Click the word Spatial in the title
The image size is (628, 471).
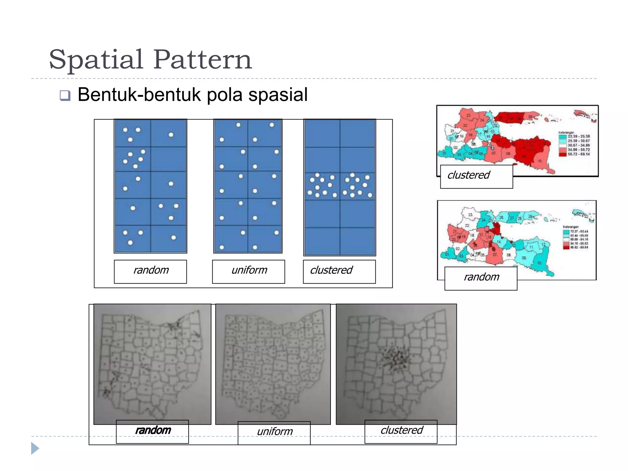tap(96, 59)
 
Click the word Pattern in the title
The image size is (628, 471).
tap(202, 59)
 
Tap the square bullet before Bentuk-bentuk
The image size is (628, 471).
tap(65, 96)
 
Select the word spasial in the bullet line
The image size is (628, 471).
tap(278, 95)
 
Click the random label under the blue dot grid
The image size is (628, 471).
tap(151, 270)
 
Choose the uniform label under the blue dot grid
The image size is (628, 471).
tap(249, 270)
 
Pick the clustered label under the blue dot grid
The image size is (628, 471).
tap(331, 270)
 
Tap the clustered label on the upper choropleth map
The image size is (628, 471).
tap(469, 175)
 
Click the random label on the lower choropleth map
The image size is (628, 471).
tap(481, 277)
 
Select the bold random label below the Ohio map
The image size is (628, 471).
tap(153, 431)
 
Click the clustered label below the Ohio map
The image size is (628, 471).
tap(402, 431)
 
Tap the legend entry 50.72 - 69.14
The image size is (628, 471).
tap(578, 154)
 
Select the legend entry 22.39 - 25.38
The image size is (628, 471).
tap(578, 136)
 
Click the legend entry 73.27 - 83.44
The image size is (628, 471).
tap(579, 232)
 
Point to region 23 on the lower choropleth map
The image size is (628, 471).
tap(470, 215)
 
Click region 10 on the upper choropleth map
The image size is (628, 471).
tap(539, 161)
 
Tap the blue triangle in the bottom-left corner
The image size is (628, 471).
tap(35, 448)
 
